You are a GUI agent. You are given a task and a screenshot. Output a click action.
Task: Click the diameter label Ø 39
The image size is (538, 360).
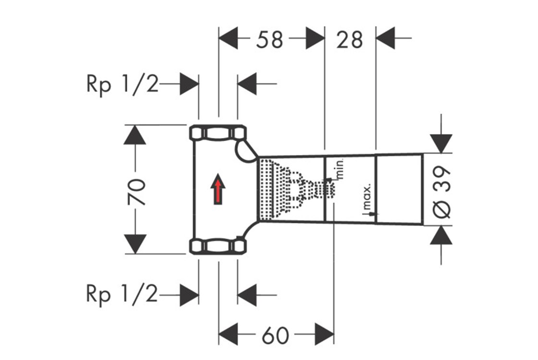(442, 192)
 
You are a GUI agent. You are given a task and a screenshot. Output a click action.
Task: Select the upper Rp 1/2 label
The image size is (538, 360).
(122, 84)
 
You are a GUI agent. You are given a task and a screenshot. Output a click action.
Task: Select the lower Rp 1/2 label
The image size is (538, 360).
(122, 294)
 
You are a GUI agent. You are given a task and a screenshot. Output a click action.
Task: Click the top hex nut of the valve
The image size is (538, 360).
(218, 132)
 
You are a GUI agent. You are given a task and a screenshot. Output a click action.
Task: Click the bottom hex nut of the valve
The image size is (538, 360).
(218, 247)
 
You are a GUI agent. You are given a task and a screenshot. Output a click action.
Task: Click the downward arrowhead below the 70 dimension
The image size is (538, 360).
(134, 244)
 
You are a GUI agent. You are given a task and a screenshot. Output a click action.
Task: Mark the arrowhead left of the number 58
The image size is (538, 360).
(228, 38)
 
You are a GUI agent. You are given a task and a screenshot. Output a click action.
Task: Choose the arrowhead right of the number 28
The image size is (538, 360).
(385, 38)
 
